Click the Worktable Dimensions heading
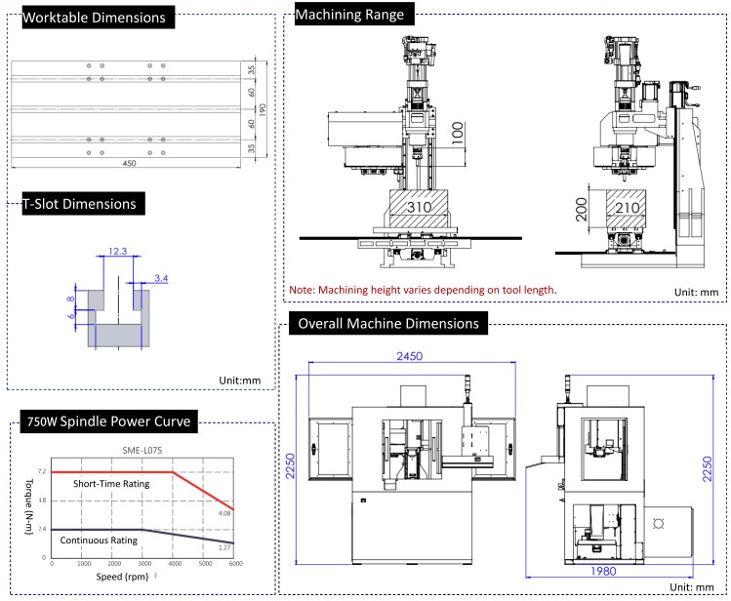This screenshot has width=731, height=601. (x=94, y=18)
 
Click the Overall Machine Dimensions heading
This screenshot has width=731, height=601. (x=388, y=323)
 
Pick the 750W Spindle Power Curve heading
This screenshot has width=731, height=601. (x=106, y=421)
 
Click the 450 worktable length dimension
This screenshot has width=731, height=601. (x=129, y=163)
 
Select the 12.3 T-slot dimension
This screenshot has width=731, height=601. (x=118, y=252)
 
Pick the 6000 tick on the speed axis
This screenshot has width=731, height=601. (x=233, y=565)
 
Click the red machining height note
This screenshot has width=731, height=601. (x=423, y=290)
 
